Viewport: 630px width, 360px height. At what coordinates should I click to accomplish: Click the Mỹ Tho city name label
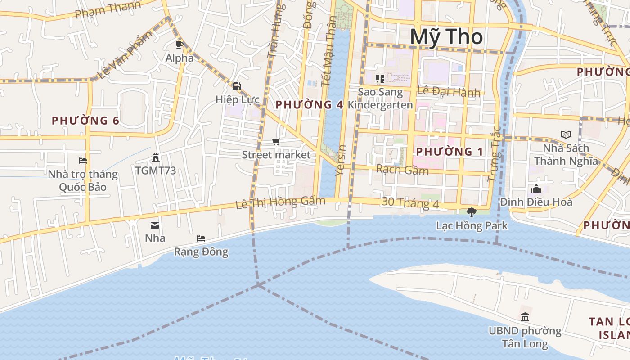coord(446,37)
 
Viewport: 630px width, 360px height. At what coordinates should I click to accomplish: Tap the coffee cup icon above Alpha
coord(180,45)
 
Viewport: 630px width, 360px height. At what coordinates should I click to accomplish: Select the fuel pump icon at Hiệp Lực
coord(237,86)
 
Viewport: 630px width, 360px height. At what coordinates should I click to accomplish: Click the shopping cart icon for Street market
coord(276,142)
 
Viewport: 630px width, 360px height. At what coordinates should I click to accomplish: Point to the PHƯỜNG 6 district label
coord(85,121)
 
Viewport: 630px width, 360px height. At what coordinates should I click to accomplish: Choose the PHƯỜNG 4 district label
coord(309,105)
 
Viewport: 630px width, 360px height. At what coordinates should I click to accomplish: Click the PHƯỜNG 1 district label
coord(450,152)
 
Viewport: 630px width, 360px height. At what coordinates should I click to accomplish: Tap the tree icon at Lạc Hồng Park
coord(472,212)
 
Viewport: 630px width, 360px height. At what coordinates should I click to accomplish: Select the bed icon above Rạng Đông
coord(201,238)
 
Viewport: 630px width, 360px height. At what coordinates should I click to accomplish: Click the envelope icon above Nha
coord(155,225)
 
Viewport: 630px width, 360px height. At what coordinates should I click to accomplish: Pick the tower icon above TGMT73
coord(156,157)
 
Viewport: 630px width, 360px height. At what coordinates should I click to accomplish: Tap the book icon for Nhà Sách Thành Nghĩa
coord(566,135)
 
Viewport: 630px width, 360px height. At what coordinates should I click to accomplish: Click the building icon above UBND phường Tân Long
coord(525,317)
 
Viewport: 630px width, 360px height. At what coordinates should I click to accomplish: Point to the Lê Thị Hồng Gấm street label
coord(280,202)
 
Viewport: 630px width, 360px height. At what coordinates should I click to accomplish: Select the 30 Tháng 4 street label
coord(409,203)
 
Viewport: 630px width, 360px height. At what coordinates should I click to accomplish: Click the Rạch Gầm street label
coord(402,170)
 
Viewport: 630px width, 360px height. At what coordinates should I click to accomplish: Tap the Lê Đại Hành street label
coord(448,91)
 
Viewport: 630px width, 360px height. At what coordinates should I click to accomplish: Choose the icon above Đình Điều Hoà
coord(536,189)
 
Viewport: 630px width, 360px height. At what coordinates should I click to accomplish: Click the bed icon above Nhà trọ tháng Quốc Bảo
coord(82,160)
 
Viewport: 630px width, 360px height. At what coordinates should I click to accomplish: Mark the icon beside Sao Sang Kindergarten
coord(380,79)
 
